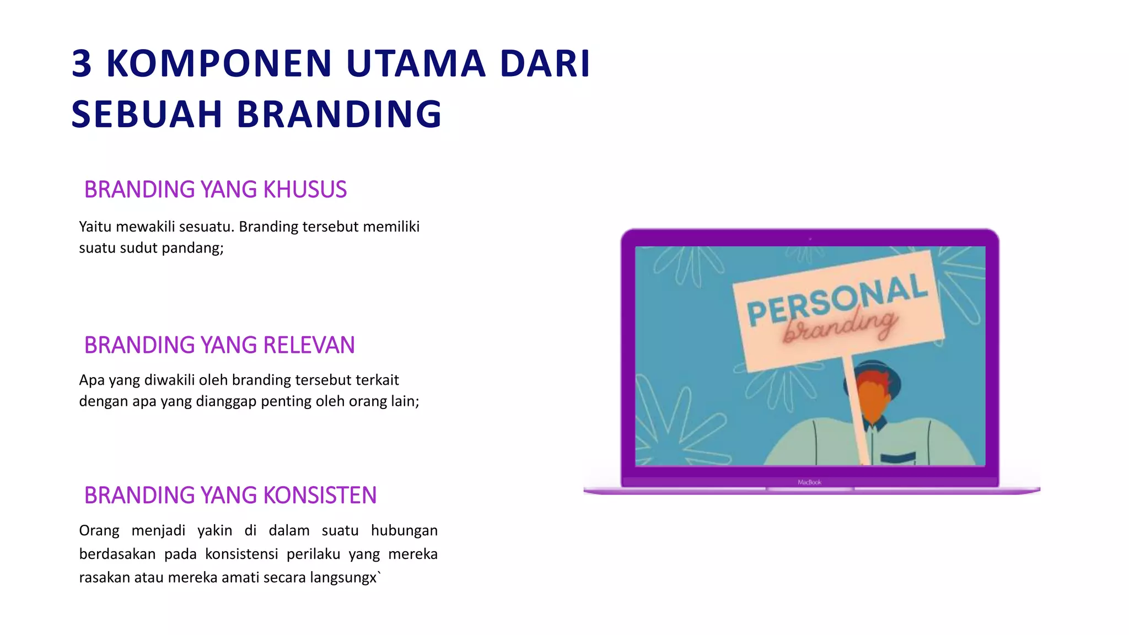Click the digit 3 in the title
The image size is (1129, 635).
coord(82,64)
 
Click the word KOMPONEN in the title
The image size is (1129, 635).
coord(219,64)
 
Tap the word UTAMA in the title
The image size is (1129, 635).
coord(416,64)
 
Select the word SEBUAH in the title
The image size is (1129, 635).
coord(147,115)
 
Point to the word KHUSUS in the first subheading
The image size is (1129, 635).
coord(305,190)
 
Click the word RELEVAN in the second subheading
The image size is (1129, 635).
coord(309,345)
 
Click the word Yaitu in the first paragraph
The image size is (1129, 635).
coord(95,227)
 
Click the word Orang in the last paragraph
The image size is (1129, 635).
coord(99,531)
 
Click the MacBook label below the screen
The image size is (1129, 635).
coord(809,482)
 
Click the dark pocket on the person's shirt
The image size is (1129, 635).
coord(898,457)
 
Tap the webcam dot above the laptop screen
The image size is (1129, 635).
coord(810,239)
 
